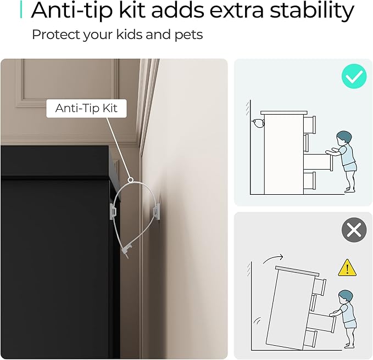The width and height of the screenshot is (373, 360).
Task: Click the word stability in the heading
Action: point(312,10)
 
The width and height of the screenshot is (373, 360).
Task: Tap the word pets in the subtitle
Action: point(188,35)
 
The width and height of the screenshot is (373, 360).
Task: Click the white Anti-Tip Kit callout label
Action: point(86,108)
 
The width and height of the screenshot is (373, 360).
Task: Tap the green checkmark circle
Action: point(354,76)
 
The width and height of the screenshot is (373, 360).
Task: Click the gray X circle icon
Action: point(354,230)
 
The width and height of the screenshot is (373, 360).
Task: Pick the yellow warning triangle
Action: point(347,268)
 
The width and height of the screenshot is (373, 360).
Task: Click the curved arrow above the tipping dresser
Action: point(273,258)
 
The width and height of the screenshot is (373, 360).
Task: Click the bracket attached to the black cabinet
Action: point(113,210)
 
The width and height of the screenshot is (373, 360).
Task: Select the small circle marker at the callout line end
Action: point(130,180)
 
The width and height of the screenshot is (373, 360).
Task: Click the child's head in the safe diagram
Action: point(344,138)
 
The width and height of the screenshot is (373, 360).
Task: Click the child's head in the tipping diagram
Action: point(346,297)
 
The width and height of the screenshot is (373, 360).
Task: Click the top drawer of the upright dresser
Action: point(309,125)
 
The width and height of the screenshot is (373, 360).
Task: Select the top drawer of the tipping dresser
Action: point(319,286)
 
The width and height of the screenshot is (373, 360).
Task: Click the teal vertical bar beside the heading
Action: point(21,9)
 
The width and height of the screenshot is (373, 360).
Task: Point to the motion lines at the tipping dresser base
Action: point(257,321)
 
